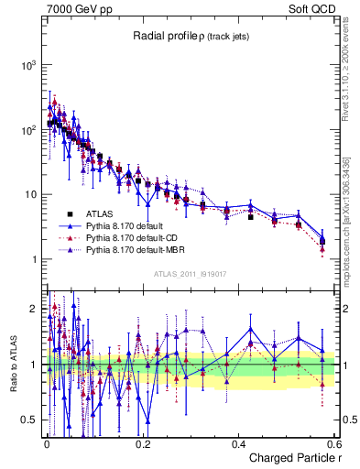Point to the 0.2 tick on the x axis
pos(141,443)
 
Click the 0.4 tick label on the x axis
pos(237,443)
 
